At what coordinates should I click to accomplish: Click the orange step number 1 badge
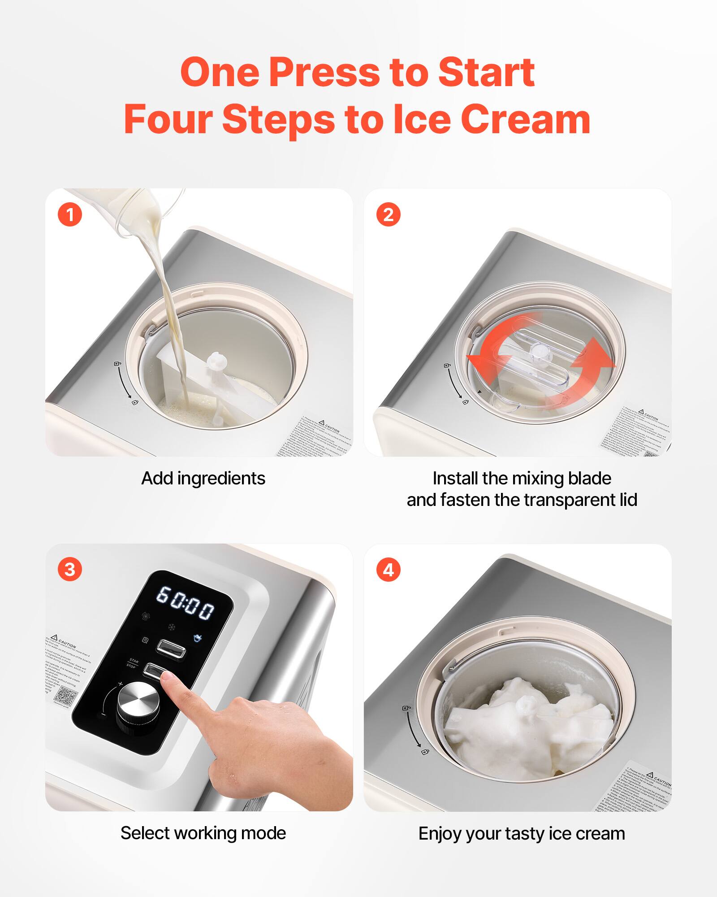70,215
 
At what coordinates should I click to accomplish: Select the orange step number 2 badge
388,215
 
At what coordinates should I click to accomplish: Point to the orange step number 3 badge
70,570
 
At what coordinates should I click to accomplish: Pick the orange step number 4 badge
388,570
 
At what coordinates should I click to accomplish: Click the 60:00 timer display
185,603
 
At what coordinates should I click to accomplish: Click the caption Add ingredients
203,479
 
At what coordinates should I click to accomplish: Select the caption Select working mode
203,833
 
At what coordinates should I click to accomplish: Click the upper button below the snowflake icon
171,649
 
